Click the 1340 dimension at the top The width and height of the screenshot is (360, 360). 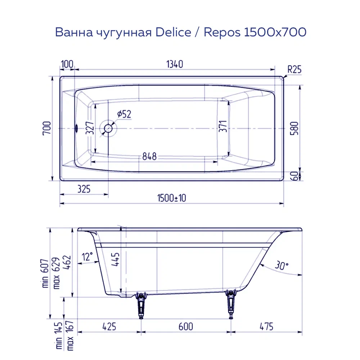pos(175,64)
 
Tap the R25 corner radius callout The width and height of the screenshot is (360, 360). pos(294,70)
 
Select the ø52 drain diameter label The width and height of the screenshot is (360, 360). pos(124,114)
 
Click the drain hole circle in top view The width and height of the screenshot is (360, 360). pos(108,128)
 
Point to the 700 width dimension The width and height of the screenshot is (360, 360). pos(47,129)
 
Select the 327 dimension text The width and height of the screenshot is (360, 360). pos(90,128)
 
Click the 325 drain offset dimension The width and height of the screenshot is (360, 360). pos(83,188)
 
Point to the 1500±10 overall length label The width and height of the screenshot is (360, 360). pos(171,198)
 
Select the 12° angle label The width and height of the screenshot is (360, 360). pos(87,257)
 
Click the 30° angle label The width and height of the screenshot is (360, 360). pos(282,266)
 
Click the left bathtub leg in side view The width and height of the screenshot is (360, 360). pos(141,306)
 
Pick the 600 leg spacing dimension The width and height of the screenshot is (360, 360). pos(185,327)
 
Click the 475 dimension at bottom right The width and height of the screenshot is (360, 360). pos(266,327)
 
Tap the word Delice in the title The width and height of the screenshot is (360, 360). pos(174,32)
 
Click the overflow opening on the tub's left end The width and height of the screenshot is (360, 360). pos(76,128)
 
